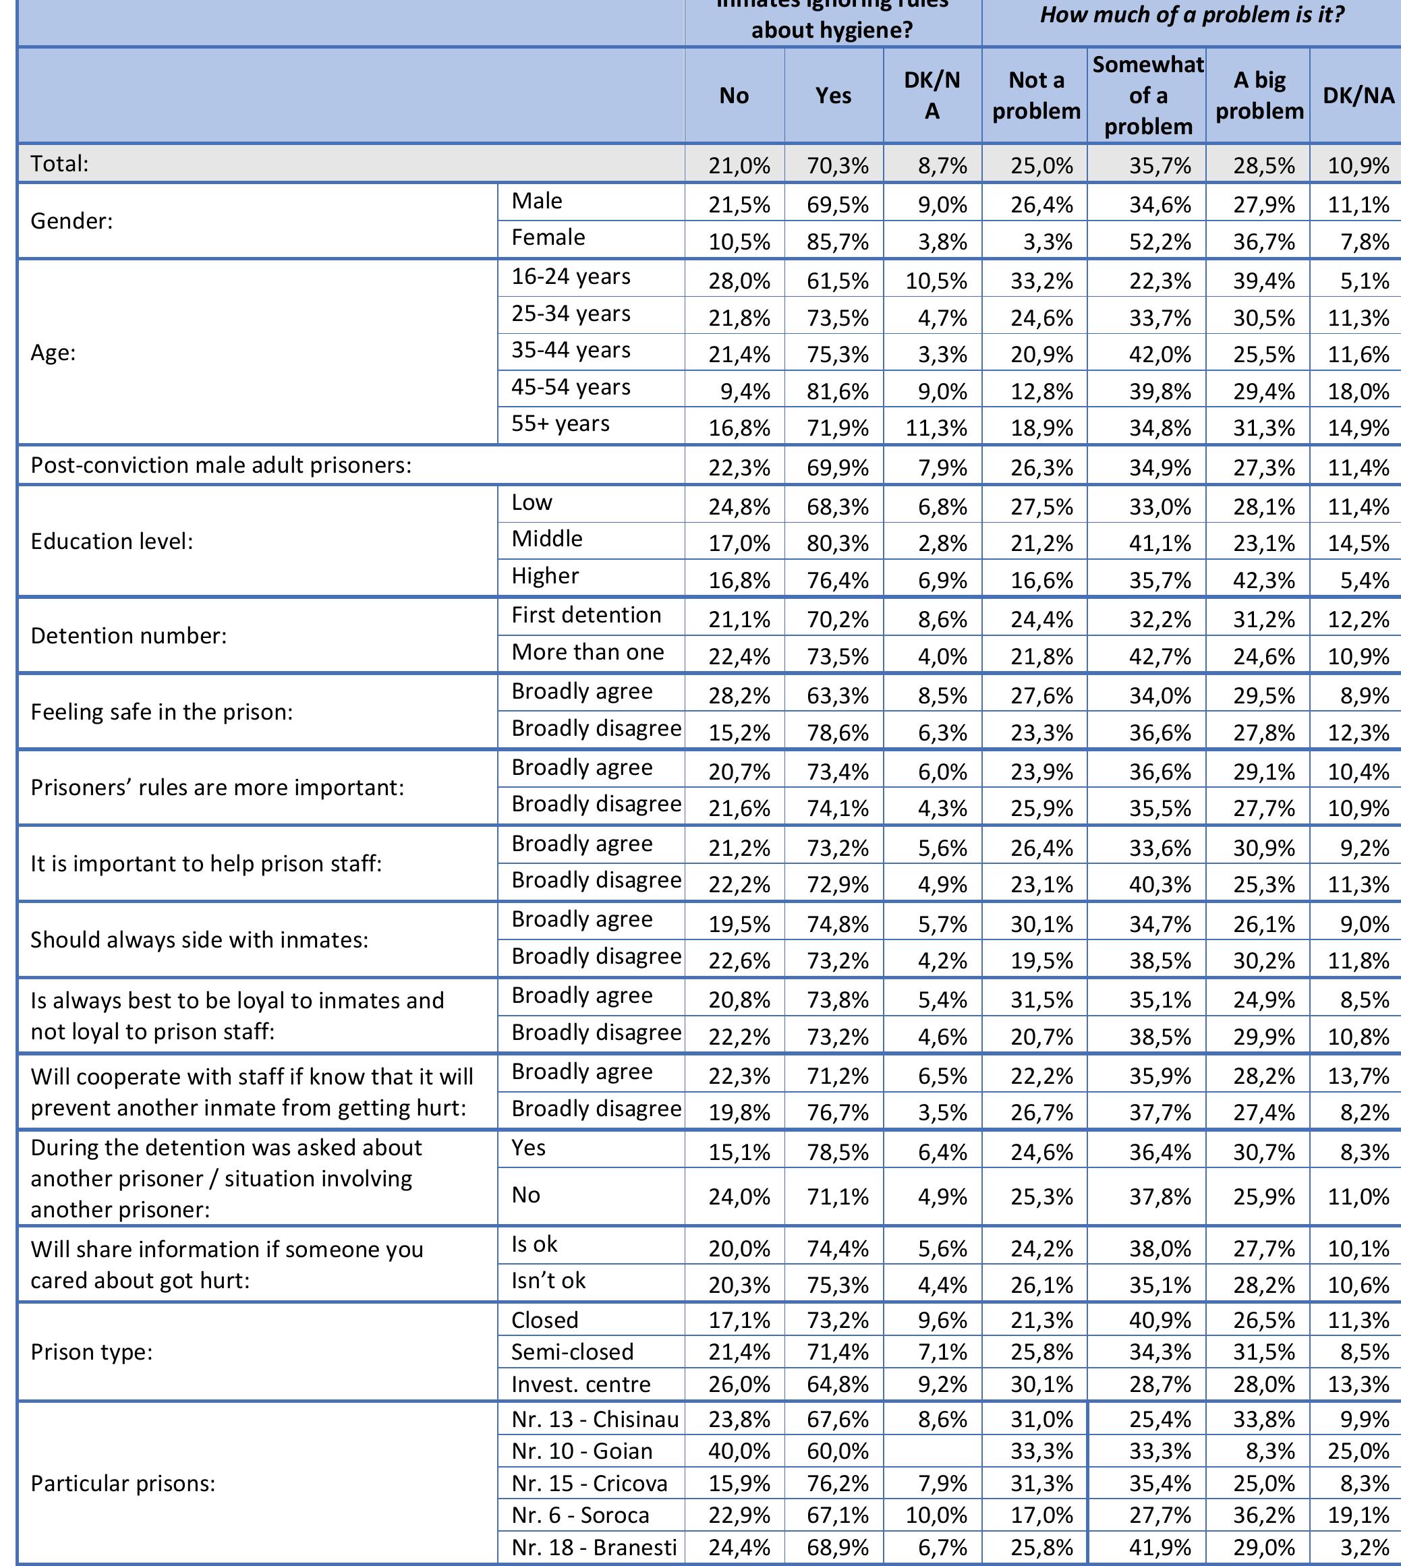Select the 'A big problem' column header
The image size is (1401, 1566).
(x=1259, y=95)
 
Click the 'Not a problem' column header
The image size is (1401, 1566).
(x=1036, y=95)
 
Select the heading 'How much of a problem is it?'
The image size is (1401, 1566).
(x=1192, y=16)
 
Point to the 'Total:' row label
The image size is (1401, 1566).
(x=60, y=163)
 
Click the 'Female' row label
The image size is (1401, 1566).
(x=548, y=238)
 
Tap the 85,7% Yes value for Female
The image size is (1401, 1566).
(x=838, y=242)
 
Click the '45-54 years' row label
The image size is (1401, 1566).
(x=571, y=387)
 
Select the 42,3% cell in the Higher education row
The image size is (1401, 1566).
(x=1263, y=580)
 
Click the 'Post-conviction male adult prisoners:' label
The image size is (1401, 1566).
(x=221, y=465)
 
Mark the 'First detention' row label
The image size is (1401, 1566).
(x=587, y=615)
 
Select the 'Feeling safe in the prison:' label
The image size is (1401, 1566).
(x=162, y=712)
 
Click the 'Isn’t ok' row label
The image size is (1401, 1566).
(x=548, y=1281)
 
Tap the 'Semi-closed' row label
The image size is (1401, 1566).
(x=573, y=1352)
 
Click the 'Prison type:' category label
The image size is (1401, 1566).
(x=92, y=1352)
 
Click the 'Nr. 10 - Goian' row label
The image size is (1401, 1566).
(x=582, y=1451)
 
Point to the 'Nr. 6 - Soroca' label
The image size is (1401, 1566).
(x=580, y=1515)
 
